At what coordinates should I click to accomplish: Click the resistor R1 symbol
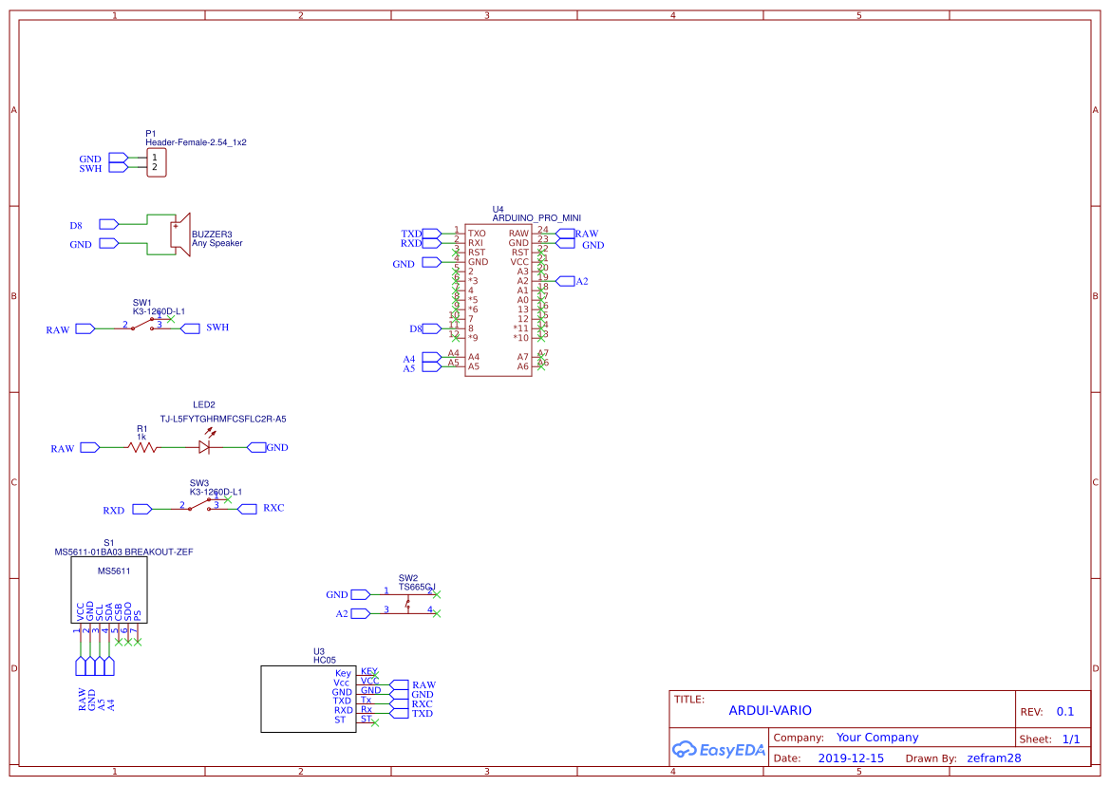click(142, 447)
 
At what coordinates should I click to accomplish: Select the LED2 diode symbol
click(205, 447)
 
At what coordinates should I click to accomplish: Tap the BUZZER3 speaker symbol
click(175, 234)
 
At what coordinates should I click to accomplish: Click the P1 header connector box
click(157, 162)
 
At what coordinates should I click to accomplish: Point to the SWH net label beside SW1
click(217, 328)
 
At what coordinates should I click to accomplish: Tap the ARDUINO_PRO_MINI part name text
click(536, 218)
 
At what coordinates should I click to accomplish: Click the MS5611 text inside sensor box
click(114, 571)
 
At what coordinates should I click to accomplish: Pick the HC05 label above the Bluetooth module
click(324, 660)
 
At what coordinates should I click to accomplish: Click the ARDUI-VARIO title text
click(770, 711)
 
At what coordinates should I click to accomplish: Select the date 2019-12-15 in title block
click(851, 758)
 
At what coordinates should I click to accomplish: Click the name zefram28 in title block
click(993, 758)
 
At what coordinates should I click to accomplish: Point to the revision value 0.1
click(1064, 712)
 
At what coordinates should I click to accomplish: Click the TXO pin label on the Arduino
click(477, 234)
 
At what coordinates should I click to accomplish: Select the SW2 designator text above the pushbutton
click(408, 578)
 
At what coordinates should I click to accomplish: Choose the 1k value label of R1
click(141, 437)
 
